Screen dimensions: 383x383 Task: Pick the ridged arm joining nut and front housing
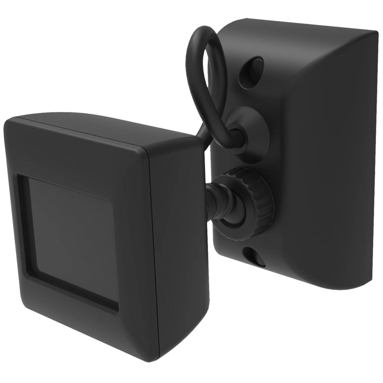click(x=220, y=203)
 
